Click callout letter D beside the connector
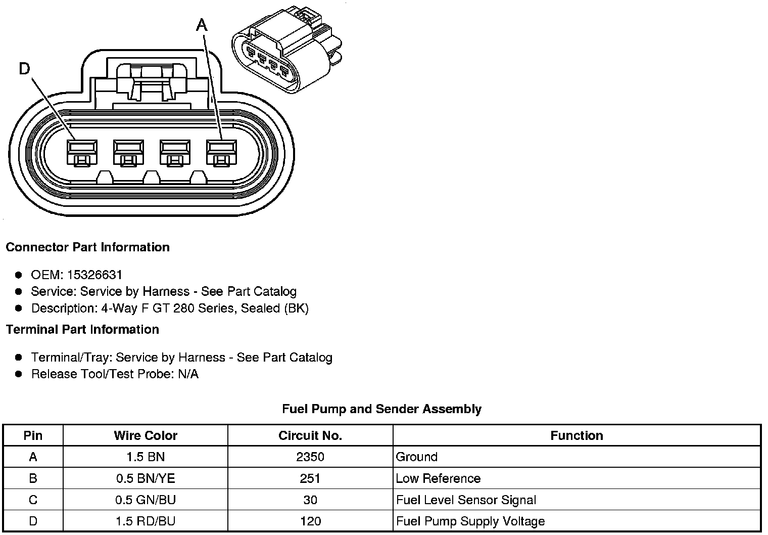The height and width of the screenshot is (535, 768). [24, 68]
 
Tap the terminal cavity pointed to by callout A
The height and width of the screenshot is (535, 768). [221, 153]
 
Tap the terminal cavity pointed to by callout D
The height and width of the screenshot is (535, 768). [81, 153]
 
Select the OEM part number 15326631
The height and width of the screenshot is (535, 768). [94, 275]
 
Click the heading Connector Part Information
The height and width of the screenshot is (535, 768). [87, 247]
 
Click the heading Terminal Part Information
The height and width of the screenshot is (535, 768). [82, 330]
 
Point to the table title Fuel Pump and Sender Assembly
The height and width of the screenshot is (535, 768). [381, 409]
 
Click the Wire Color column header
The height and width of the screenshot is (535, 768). [146, 435]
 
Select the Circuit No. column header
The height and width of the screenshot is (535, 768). [310, 435]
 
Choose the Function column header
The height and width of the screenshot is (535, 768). [577, 435]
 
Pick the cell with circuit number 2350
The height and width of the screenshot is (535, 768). [310, 457]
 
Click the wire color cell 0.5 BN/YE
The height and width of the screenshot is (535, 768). [146, 478]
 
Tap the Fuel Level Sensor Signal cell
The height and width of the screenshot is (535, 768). [466, 500]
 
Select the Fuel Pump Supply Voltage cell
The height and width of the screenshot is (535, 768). [470, 521]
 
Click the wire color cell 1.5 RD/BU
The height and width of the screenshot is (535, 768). [146, 521]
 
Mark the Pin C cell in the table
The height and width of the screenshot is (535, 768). [33, 500]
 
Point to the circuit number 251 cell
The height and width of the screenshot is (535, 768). [310, 478]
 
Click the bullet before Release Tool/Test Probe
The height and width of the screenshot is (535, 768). [19, 374]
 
